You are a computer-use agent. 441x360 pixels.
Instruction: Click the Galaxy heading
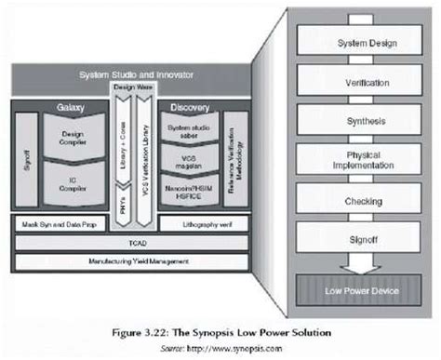coord(70,108)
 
